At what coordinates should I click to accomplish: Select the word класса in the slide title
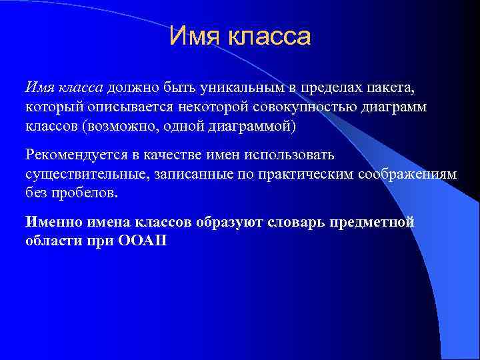point(270,37)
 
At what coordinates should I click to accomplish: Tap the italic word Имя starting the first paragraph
point(37,88)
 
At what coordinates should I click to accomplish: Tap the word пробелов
point(87,193)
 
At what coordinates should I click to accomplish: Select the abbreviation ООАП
point(145,241)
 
